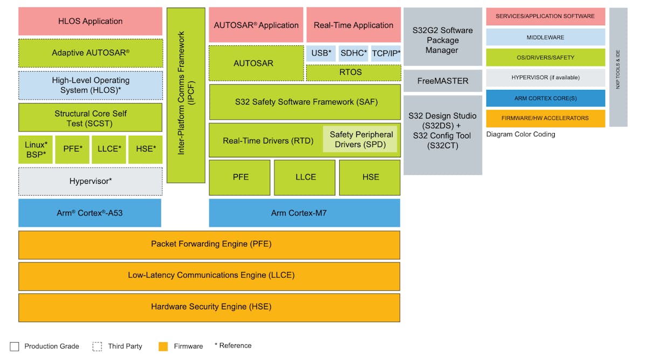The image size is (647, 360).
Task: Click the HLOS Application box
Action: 90,22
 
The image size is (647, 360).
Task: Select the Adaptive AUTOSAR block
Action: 90,53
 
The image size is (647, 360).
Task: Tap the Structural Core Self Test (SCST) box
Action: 90,118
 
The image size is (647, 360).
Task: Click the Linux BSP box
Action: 36,150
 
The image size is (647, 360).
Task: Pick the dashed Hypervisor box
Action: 90,181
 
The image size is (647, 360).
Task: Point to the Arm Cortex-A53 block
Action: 90,213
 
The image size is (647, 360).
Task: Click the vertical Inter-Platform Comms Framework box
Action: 185,95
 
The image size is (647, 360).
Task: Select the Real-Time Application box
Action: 353,25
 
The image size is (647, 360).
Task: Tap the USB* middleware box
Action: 321,53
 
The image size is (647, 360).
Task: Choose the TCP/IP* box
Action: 386,53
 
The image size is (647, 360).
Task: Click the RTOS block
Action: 353,72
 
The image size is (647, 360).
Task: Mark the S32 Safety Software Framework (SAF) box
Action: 305,102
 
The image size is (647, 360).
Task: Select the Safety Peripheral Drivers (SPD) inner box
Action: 361,140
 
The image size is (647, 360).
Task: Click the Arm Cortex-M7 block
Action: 305,213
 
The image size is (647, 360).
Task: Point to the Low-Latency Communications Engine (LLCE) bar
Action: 209,275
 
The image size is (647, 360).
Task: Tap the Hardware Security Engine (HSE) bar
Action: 209,307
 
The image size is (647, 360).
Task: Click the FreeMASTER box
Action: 442,81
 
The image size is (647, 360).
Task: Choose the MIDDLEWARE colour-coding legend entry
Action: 545,37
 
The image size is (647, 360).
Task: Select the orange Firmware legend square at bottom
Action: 163,346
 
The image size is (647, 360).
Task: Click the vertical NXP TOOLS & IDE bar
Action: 618,67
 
